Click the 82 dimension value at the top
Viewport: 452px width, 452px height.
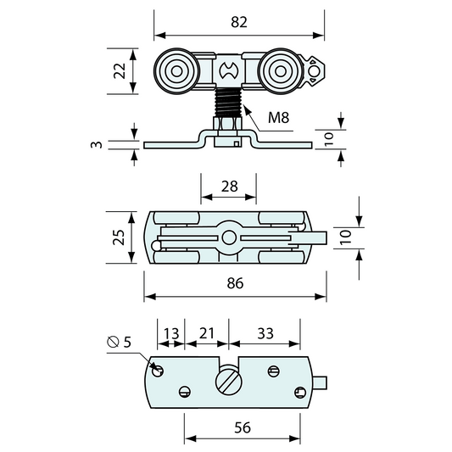click(x=239, y=22)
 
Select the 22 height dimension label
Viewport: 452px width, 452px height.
click(x=120, y=71)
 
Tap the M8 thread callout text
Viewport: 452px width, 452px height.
click(x=278, y=118)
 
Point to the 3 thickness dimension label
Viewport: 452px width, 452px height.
click(x=97, y=144)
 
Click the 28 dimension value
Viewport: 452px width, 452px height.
click(x=230, y=187)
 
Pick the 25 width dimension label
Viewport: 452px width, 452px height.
click(x=119, y=237)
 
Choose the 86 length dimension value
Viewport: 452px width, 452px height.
click(x=235, y=283)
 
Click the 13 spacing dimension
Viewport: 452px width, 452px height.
click(x=171, y=334)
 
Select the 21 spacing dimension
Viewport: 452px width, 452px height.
click(x=207, y=333)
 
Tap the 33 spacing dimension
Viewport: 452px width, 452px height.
click(x=265, y=333)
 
